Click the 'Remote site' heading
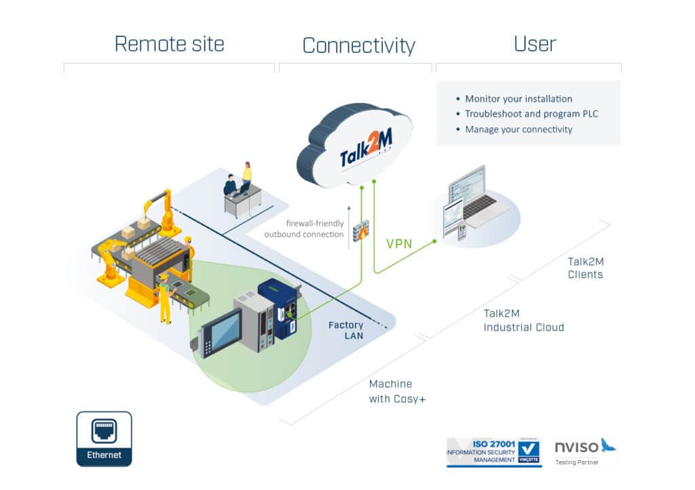(x=169, y=44)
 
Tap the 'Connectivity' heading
(x=359, y=45)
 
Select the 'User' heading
(x=535, y=44)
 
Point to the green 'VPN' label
(x=399, y=244)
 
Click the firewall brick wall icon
(x=361, y=230)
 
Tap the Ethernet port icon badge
(x=104, y=438)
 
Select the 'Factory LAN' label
(x=345, y=330)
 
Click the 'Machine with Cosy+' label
(x=397, y=391)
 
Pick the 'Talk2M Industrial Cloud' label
(x=523, y=321)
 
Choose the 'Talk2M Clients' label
(x=585, y=268)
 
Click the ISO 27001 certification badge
(x=494, y=452)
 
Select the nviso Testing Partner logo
(x=585, y=452)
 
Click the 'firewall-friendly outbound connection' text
(x=304, y=229)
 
